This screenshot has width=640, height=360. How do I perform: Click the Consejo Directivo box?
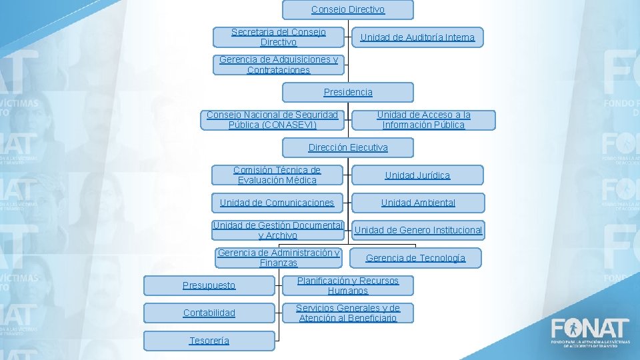pyautogui.click(x=347, y=10)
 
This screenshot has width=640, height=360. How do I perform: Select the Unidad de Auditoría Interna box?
pyautogui.click(x=417, y=37)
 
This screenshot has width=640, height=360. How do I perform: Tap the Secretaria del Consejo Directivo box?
pyautogui.click(x=279, y=37)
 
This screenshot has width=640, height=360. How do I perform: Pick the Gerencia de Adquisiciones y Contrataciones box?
pyautogui.click(x=279, y=65)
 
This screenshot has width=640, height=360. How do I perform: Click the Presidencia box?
pyautogui.click(x=347, y=92)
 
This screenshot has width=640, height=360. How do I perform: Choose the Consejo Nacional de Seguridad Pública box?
pyautogui.click(x=272, y=120)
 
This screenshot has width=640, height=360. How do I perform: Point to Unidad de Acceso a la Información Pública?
pyautogui.click(x=423, y=120)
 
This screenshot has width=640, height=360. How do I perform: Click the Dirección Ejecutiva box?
pyautogui.click(x=347, y=147)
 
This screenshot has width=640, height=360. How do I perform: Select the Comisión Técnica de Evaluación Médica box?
pyautogui.click(x=277, y=175)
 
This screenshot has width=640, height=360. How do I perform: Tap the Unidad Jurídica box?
pyautogui.click(x=417, y=175)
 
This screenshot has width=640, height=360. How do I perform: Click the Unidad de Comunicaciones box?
pyautogui.click(x=277, y=203)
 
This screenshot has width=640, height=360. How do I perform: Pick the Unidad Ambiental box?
pyautogui.click(x=418, y=203)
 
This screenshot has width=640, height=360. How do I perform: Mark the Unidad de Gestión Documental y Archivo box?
pyautogui.click(x=277, y=230)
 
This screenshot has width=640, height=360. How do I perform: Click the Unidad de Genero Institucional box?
pyautogui.click(x=418, y=231)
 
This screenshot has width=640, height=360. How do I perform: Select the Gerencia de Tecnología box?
pyautogui.click(x=415, y=258)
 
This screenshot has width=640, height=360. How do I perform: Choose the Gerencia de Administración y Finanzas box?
pyautogui.click(x=279, y=258)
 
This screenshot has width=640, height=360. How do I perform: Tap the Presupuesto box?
pyautogui.click(x=209, y=285)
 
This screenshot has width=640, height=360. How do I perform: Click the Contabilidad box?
pyautogui.click(x=209, y=313)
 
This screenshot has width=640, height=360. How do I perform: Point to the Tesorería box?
pyautogui.click(x=209, y=341)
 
